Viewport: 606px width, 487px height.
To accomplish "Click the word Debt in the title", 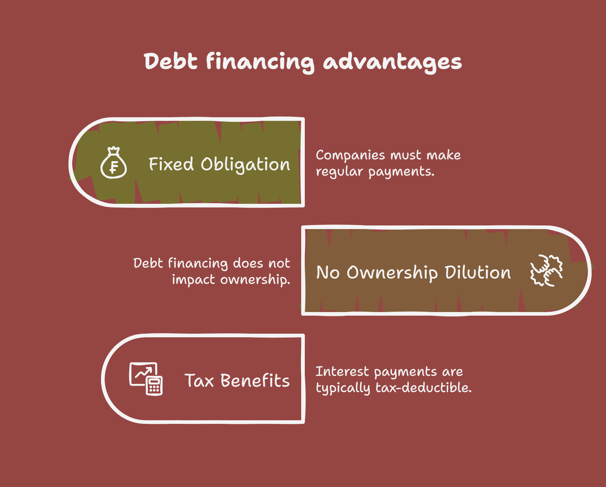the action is [170, 61].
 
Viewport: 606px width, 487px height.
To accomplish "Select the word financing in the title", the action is [260, 62].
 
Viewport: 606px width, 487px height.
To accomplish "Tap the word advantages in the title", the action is [392, 62].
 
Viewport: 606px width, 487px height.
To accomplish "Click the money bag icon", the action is [114, 162].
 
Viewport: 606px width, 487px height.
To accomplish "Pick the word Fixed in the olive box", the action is [171, 164].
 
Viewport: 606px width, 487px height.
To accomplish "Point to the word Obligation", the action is [245, 165].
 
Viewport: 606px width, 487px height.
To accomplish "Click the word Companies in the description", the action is [350, 155].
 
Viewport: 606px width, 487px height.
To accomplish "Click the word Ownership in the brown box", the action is [392, 273].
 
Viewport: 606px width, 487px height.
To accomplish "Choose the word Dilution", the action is [478, 272].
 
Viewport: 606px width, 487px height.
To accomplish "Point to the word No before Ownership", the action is [328, 273].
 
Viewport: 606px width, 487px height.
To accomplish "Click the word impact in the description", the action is [193, 280].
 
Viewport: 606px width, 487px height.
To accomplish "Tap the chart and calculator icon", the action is [146, 379].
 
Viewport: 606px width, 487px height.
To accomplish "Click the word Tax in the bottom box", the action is [199, 381].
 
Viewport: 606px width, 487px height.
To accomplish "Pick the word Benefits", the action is [255, 380].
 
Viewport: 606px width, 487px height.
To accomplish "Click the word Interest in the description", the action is [342, 372].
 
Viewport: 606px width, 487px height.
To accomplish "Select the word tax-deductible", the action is [424, 387].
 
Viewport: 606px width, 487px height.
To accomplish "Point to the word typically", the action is [343, 388].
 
